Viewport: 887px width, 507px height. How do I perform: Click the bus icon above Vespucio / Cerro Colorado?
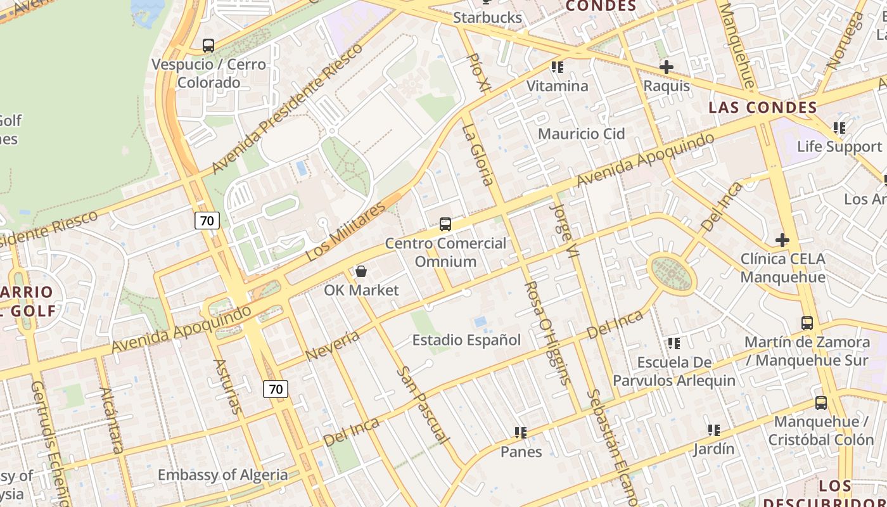click(x=208, y=46)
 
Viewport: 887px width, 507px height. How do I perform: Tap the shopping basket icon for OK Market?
click(x=361, y=272)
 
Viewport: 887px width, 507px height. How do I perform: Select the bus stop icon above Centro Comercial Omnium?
click(x=445, y=224)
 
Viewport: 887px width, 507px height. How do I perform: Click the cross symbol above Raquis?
click(x=666, y=67)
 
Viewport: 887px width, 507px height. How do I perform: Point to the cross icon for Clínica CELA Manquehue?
click(x=782, y=240)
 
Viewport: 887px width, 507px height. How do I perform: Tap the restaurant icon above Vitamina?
click(x=558, y=67)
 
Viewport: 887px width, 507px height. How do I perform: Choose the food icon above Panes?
click(x=521, y=433)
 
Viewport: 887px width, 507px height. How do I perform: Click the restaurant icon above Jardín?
click(x=714, y=430)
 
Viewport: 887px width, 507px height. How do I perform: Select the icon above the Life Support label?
click(x=839, y=128)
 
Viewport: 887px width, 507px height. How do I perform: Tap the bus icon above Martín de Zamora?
click(x=807, y=323)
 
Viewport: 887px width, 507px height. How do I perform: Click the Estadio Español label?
click(x=466, y=340)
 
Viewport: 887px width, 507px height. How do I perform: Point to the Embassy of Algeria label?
click(x=222, y=475)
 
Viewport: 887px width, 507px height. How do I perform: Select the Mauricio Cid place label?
click(x=581, y=134)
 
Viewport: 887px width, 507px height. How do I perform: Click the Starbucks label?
click(x=487, y=18)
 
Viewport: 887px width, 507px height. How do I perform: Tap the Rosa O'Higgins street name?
click(x=546, y=333)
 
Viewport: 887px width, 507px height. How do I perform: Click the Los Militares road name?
click(x=345, y=231)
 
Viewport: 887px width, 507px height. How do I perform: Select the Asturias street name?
click(x=227, y=387)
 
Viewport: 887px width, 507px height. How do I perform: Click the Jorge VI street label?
click(x=565, y=230)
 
